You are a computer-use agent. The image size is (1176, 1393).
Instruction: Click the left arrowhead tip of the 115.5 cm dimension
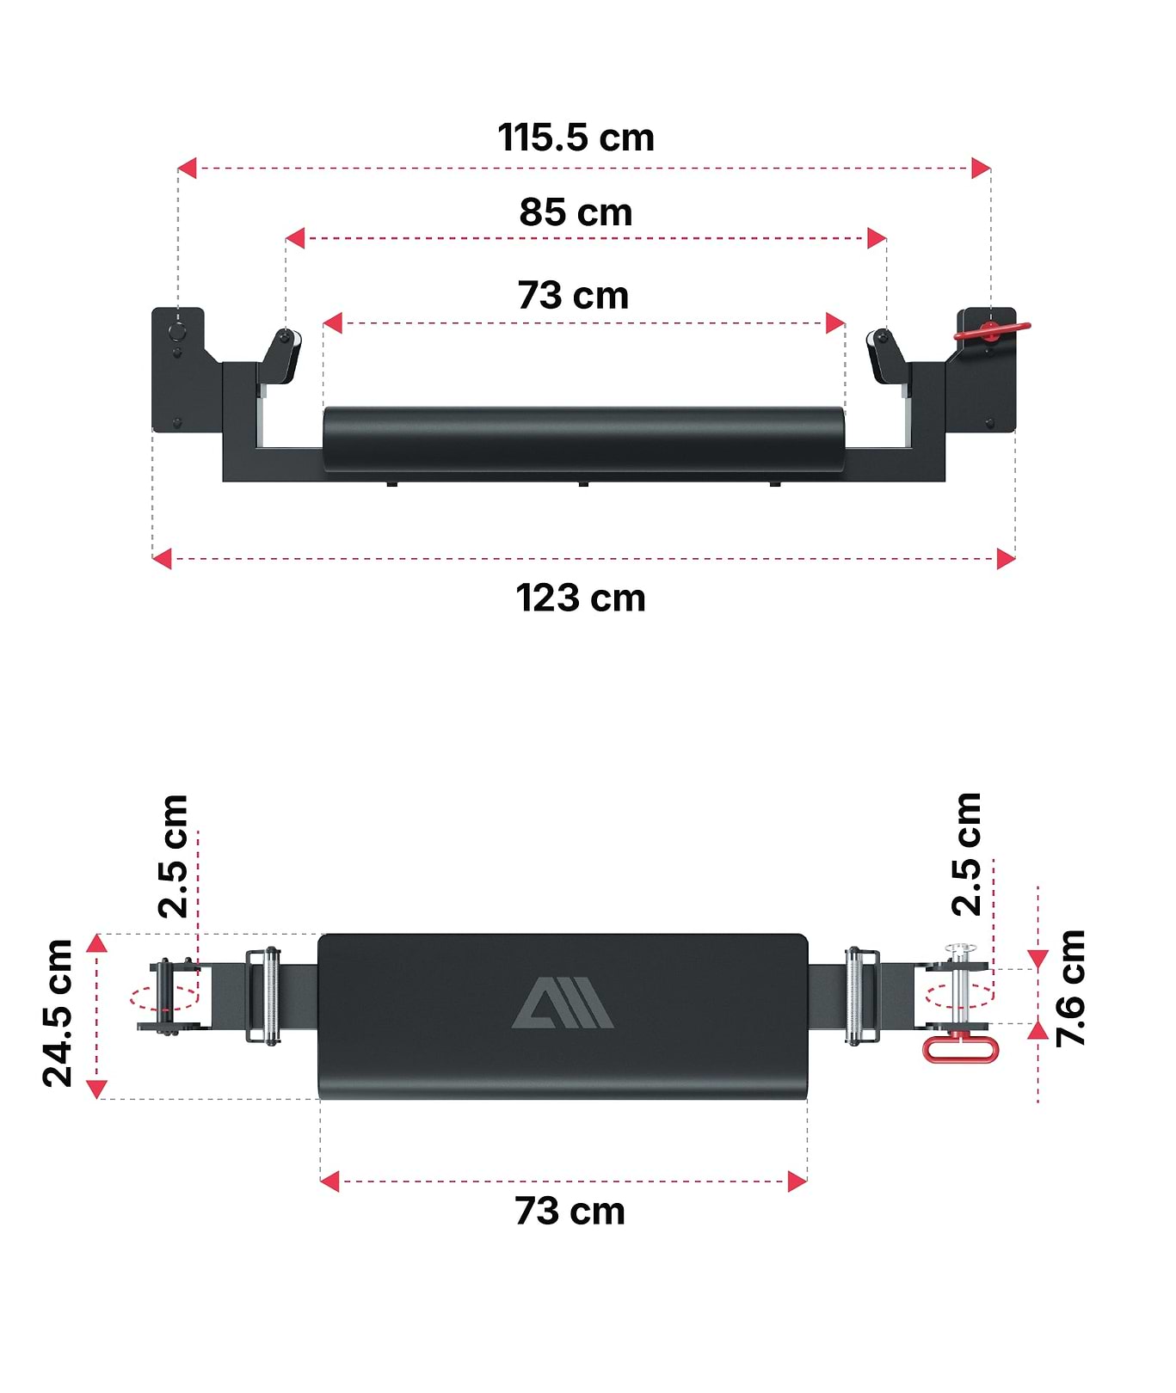(x=178, y=169)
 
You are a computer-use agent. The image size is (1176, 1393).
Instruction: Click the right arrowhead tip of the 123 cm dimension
(x=1015, y=559)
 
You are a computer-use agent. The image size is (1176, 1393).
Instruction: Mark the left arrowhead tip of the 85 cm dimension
(x=286, y=238)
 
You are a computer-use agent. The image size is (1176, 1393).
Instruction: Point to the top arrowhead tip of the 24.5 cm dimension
(x=97, y=935)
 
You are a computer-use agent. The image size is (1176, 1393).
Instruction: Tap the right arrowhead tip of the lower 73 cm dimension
(x=807, y=1181)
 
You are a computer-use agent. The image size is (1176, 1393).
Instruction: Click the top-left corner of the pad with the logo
(x=319, y=936)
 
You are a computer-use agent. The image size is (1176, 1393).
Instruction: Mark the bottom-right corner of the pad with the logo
(x=807, y=1098)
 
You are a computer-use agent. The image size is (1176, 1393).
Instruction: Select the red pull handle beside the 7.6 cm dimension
(x=960, y=1048)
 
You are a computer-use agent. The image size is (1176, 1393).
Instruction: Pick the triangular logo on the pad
(x=563, y=1003)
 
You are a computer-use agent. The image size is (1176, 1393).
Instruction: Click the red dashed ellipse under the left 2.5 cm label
(x=163, y=998)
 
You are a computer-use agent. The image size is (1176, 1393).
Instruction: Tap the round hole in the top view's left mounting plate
(x=177, y=331)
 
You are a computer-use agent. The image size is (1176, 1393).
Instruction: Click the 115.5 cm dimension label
(x=576, y=138)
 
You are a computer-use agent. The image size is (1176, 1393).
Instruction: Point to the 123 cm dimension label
(x=580, y=598)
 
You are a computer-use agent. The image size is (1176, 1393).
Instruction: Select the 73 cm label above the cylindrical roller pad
(x=573, y=296)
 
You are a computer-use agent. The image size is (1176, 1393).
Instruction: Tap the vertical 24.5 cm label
(x=58, y=1014)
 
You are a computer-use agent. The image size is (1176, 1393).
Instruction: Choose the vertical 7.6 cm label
(x=1070, y=988)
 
